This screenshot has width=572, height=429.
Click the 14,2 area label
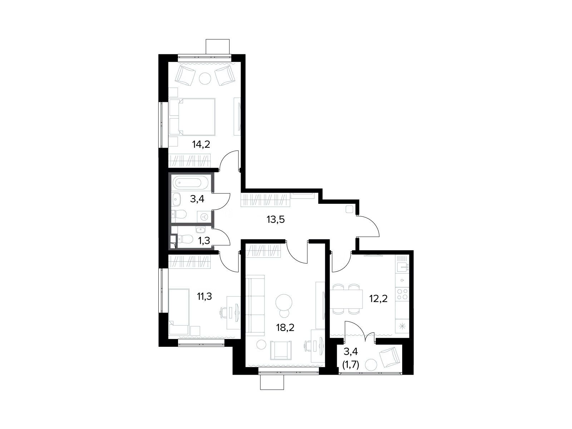coord(201,144)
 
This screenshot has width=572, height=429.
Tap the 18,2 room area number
coord(285,327)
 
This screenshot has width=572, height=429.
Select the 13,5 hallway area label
coord(276,220)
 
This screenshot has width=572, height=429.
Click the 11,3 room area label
coord(204,296)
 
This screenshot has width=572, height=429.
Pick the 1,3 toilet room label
coord(204,241)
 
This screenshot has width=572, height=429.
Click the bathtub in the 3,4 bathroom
coord(190,183)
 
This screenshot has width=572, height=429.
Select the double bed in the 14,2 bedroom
coord(192,117)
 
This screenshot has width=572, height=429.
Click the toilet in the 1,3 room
coord(185,238)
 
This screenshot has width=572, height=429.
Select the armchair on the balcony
coord(389,357)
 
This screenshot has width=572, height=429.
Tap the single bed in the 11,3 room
coord(179,311)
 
